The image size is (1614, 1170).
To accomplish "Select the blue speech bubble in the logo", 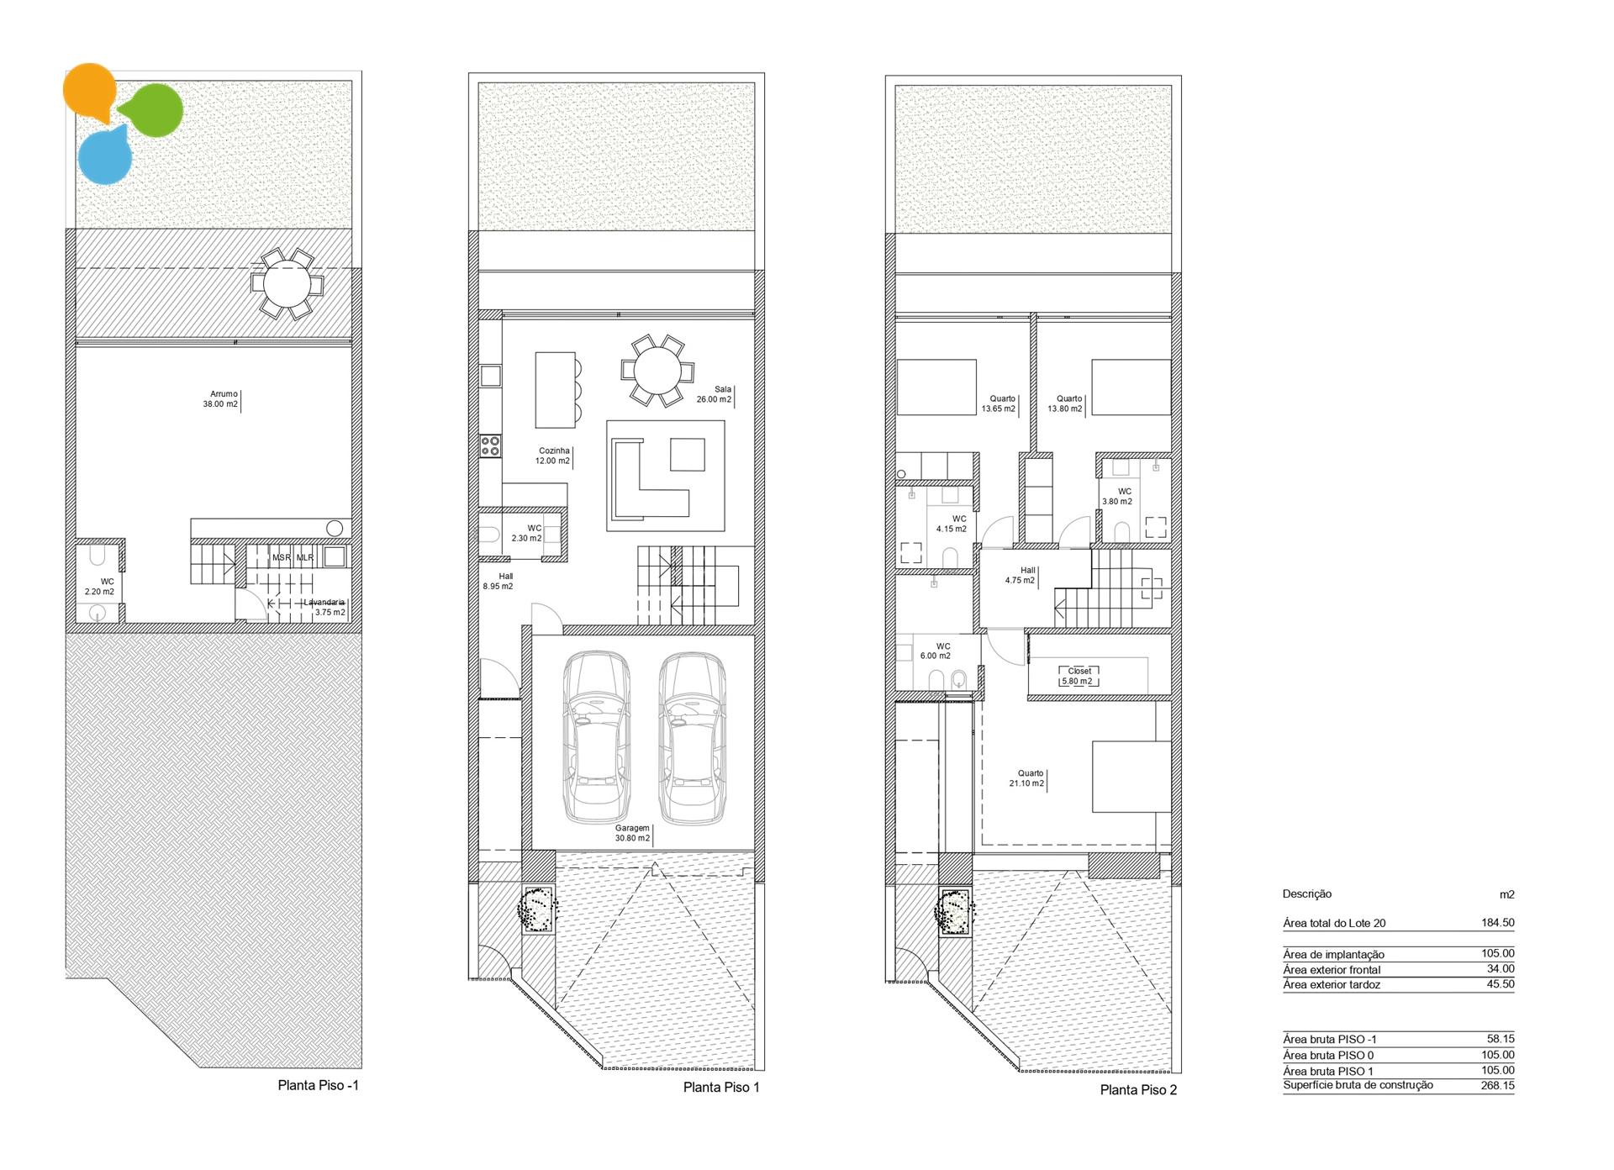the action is (105, 155).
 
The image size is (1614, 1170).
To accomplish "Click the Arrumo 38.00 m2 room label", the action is (220, 399).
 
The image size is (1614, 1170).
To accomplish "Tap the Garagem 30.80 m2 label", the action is (632, 833).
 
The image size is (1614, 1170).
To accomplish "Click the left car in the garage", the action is (596, 738).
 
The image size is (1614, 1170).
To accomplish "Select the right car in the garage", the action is (693, 738).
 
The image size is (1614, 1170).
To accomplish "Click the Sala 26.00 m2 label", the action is (714, 394).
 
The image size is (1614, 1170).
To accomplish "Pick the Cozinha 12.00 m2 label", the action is (553, 456).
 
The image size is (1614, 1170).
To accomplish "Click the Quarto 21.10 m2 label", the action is (1027, 778).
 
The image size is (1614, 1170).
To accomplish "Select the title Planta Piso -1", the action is (319, 1085).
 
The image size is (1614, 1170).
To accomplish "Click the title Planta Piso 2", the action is (1139, 1090).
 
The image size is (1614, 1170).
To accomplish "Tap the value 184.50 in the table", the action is (1498, 922).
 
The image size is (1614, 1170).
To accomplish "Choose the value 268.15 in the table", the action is (1498, 1085).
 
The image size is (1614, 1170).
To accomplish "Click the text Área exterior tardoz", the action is (1332, 984).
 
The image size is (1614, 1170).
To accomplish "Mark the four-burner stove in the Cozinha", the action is (490, 445).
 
